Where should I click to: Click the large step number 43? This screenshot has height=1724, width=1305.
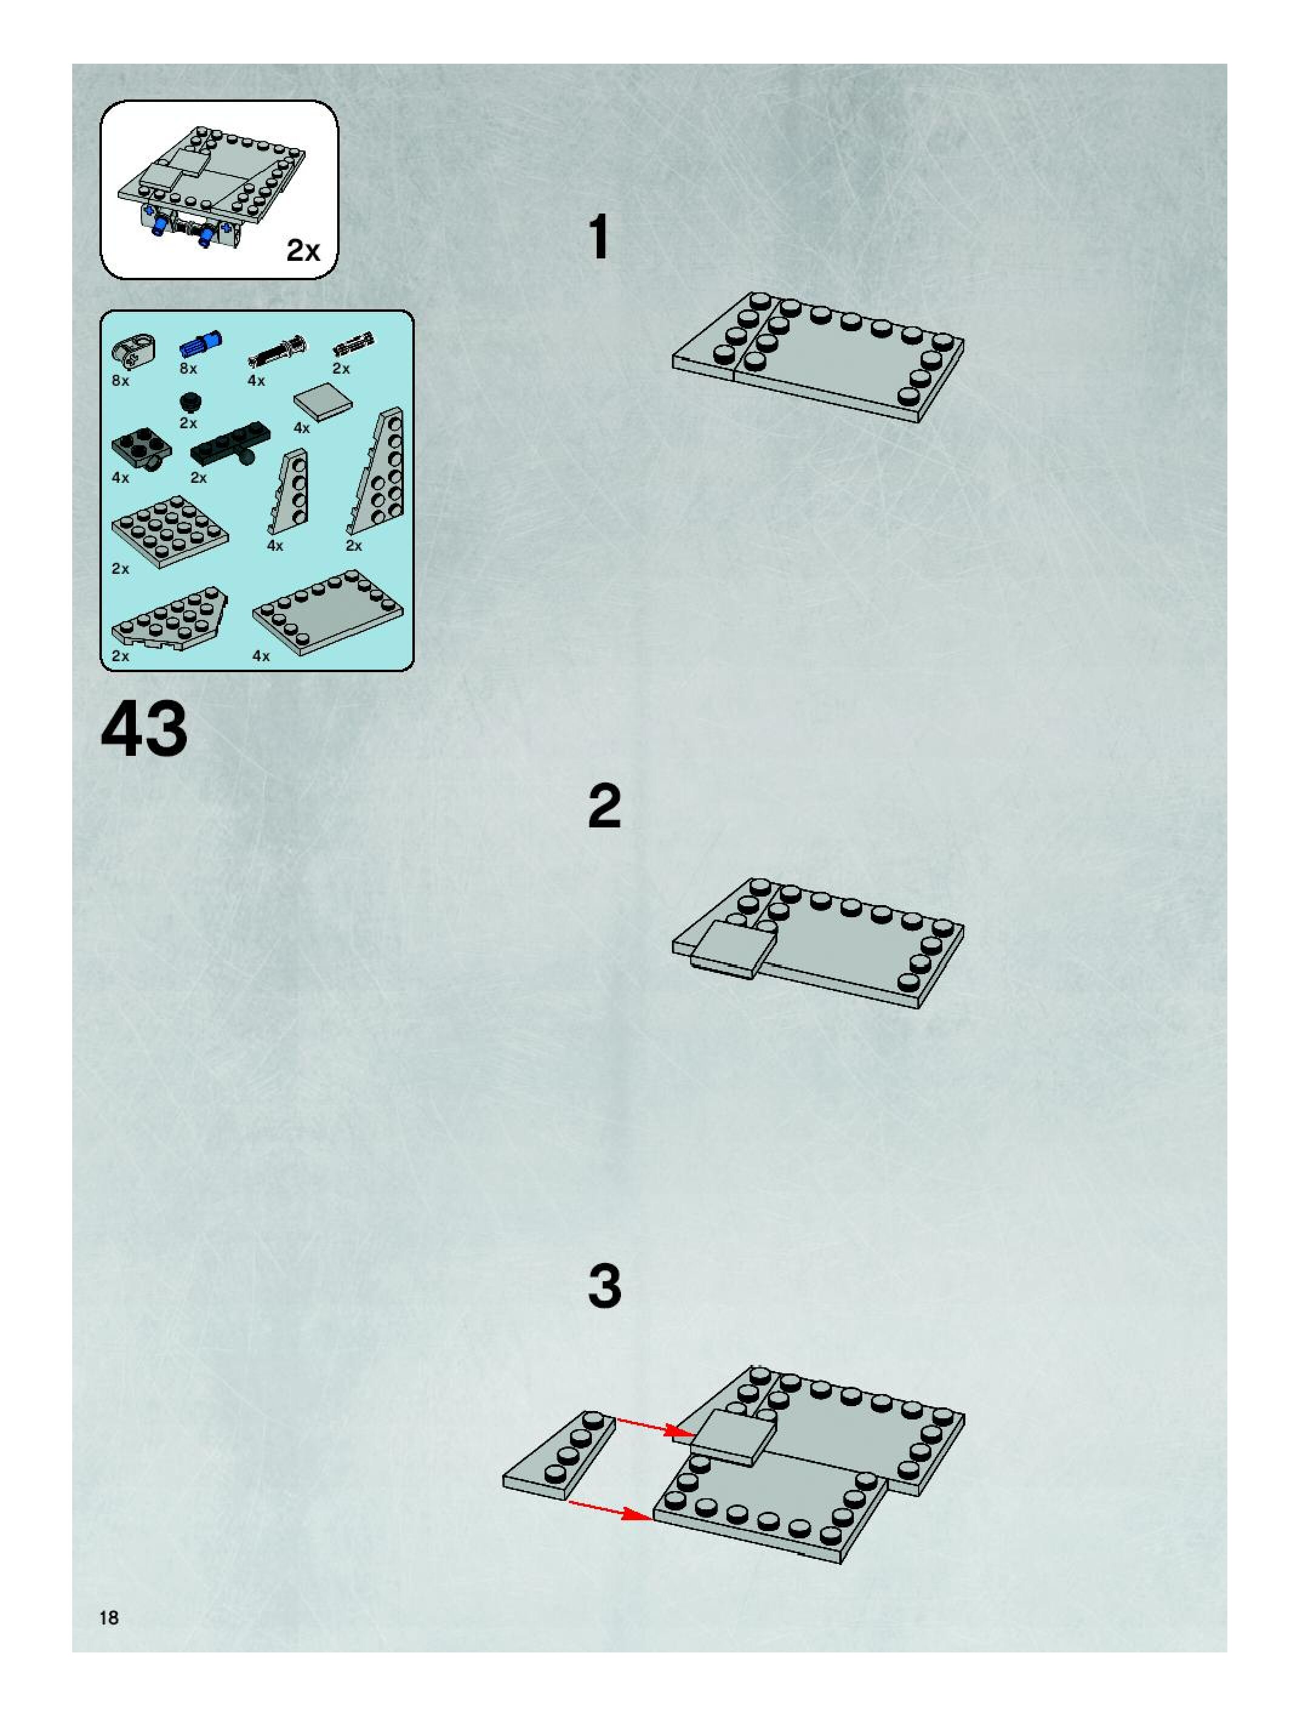coord(144,730)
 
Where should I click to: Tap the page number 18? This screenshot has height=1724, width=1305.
coord(109,1617)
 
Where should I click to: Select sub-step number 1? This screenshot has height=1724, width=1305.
coord(599,237)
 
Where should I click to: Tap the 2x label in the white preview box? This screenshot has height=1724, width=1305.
coord(303,250)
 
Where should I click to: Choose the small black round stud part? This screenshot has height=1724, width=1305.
coord(189,402)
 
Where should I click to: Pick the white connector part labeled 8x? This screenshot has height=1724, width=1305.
coord(133,351)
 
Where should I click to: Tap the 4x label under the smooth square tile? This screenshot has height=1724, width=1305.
coord(301,428)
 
